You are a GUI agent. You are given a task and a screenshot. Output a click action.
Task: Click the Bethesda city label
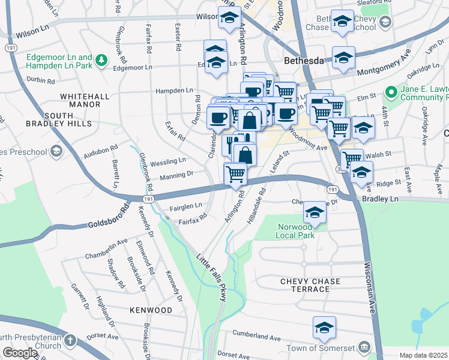click(x=303, y=61)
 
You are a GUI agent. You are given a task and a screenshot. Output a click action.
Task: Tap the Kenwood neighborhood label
click(x=151, y=310)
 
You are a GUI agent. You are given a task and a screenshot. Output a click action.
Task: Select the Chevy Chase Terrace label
click(x=310, y=285)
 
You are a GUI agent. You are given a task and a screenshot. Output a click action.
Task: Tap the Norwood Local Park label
click(x=296, y=231)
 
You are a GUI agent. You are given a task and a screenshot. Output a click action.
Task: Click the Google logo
click(x=20, y=353)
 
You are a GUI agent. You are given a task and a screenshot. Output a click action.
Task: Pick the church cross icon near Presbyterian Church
click(x=70, y=341)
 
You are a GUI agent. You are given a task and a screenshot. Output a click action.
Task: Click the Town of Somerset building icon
click(x=364, y=347)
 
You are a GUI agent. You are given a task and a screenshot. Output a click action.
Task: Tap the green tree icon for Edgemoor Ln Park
click(x=101, y=60)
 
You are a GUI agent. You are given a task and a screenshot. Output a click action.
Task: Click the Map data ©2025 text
click(x=423, y=355)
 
